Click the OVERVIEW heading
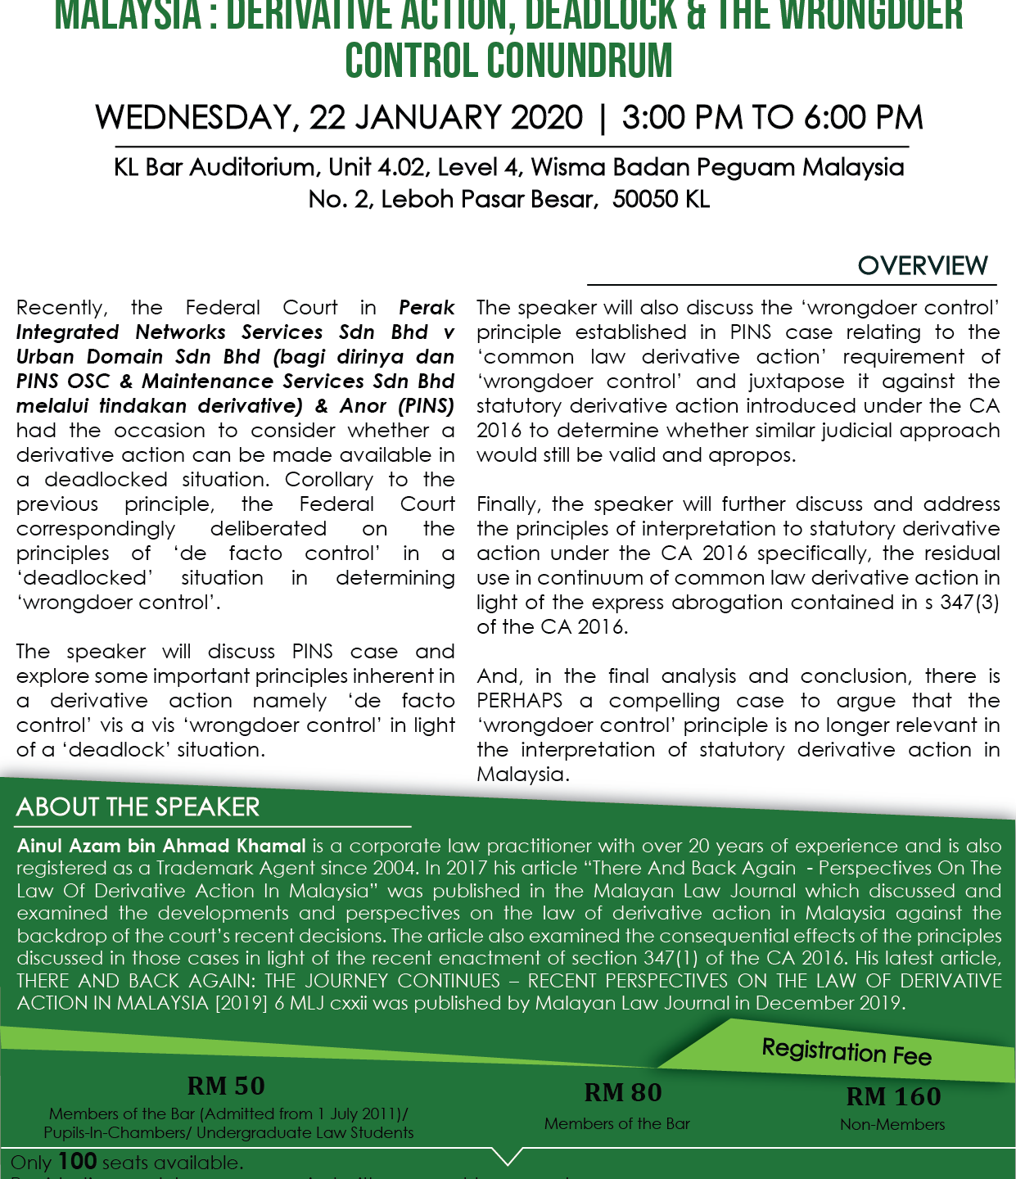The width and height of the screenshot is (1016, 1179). [x=923, y=266]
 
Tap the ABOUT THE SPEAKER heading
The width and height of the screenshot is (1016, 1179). [x=138, y=807]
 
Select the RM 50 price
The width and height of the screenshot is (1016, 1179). [x=226, y=1086]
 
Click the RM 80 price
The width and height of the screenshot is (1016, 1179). [x=623, y=1093]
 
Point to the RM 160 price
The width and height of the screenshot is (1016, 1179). [x=893, y=1097]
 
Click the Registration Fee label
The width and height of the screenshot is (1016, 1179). [x=847, y=1051]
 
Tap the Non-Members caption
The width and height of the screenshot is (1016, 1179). [x=892, y=1125]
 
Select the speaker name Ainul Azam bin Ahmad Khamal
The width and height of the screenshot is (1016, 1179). [x=161, y=846]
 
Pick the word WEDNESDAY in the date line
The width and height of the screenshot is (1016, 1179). [x=192, y=118]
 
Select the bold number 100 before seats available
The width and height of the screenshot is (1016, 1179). [x=78, y=1161]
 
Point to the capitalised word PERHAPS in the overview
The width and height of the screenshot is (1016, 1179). [x=519, y=701]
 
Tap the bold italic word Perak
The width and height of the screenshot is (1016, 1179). [x=427, y=308]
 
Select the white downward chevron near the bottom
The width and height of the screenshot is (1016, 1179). [x=508, y=1155]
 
